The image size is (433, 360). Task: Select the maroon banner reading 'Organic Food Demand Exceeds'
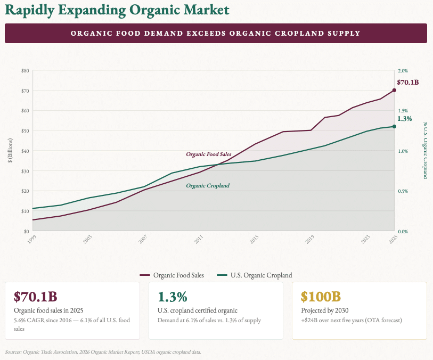(x=216, y=33)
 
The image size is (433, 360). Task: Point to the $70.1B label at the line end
(x=408, y=83)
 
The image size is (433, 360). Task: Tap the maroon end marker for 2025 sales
(x=394, y=90)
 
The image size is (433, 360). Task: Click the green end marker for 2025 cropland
(x=394, y=126)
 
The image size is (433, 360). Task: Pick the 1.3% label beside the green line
(x=405, y=119)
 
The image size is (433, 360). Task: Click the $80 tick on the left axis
(x=25, y=71)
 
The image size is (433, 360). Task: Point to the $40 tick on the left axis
(x=25, y=151)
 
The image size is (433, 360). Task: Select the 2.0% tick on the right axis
(x=403, y=71)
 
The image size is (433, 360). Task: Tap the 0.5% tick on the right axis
(x=403, y=191)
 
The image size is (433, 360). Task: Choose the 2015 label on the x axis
(x=254, y=239)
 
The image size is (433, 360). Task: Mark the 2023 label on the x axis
(x=365, y=239)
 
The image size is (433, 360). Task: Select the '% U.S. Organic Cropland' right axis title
(x=425, y=150)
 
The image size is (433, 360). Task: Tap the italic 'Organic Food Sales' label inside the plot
(x=208, y=154)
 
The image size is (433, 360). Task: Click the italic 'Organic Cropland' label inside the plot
(x=208, y=186)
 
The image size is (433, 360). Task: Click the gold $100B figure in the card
(x=321, y=297)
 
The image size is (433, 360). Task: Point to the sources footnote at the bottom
(x=103, y=352)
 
